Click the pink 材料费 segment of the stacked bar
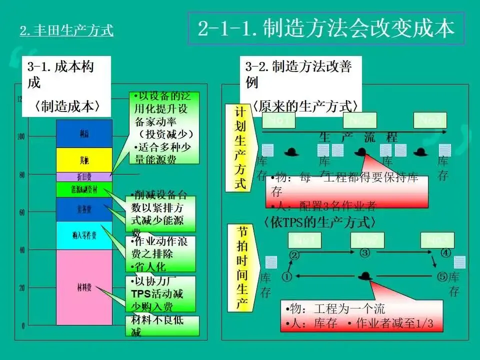pos(84,287)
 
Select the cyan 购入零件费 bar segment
pos(84,235)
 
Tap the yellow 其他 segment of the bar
pos(84,160)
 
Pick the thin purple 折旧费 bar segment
pos(84,176)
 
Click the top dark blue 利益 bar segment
pos(84,133)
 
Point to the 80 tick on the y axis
pos(21,174)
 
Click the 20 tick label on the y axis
pos(21,288)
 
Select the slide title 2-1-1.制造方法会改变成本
pos(326,28)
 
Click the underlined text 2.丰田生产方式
pos(66,31)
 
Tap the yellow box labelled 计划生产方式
pos(240,147)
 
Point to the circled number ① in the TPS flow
pos(286,276)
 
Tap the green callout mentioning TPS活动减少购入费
pos(159,293)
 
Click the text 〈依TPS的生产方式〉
pos(319,221)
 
